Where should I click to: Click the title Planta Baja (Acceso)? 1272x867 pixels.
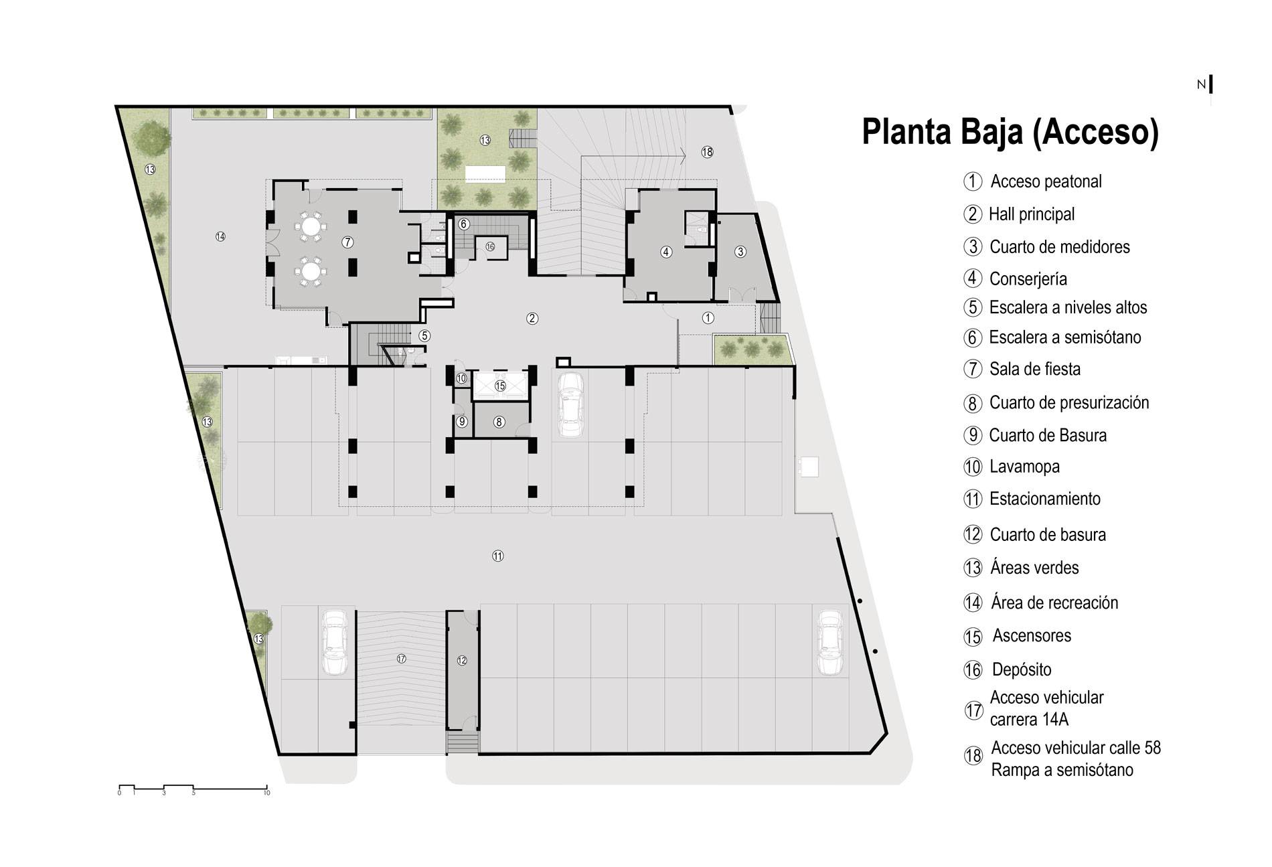[x=1010, y=132]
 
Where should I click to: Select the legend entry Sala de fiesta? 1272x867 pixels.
[x=1034, y=369]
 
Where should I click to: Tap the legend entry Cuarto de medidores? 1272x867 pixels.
[x=1059, y=246]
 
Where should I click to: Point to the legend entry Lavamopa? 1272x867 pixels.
[x=1024, y=467]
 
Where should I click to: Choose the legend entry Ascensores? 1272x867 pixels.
[x=1032, y=635]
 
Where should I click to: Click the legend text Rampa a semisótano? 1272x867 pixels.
[x=1062, y=770]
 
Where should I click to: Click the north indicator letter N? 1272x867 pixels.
[x=1201, y=84]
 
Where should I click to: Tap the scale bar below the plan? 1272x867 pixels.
[x=193, y=787]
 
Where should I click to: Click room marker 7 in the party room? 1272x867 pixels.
[x=347, y=242]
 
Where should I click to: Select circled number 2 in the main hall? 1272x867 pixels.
[x=532, y=319]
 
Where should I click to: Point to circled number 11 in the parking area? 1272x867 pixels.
[x=497, y=556]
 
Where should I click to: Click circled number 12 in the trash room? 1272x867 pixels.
[x=462, y=661]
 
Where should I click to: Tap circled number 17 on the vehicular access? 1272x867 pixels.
[x=401, y=659]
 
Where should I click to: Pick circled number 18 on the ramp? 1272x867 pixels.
[x=708, y=152]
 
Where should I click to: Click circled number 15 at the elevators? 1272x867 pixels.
[x=500, y=386]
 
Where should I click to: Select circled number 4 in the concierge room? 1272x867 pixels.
[x=665, y=252]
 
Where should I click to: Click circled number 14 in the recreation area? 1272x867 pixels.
[x=220, y=236]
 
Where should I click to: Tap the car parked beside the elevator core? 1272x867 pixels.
[x=570, y=405]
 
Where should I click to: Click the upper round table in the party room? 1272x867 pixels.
[x=311, y=225]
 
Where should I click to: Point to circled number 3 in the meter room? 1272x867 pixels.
[x=740, y=252]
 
